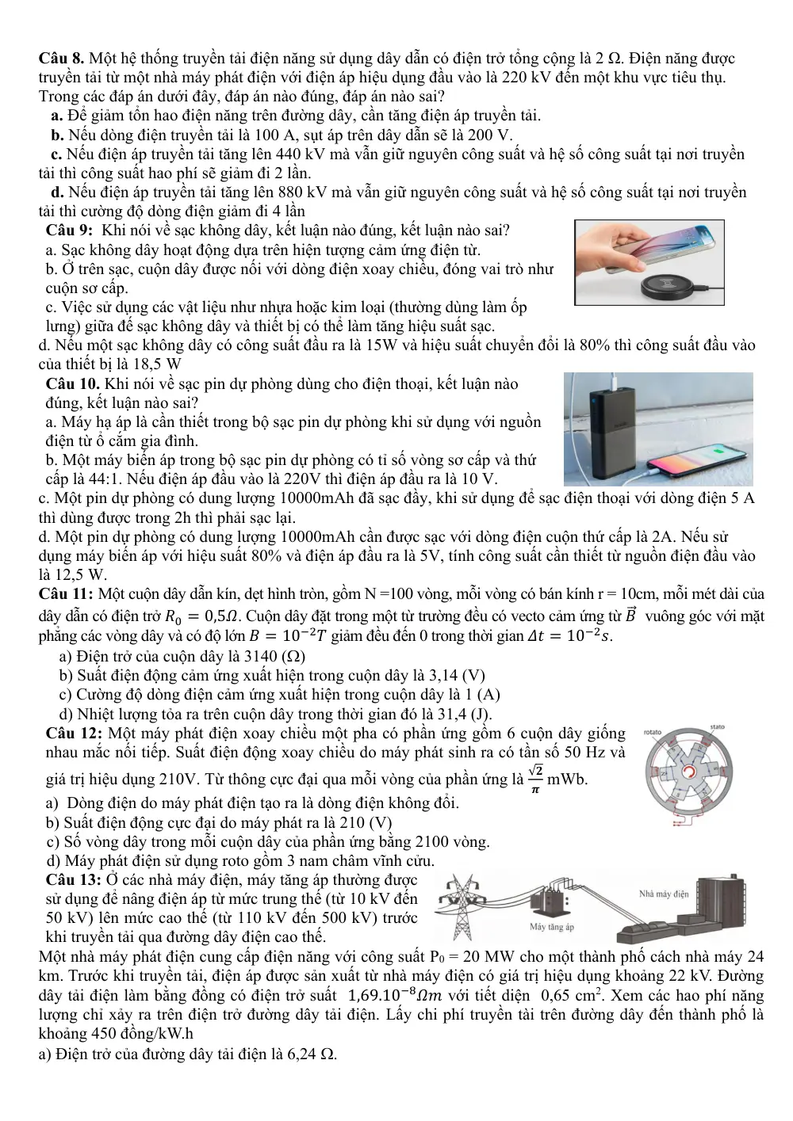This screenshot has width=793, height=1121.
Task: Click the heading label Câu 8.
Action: point(61,59)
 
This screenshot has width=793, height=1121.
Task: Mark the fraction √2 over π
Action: point(535,779)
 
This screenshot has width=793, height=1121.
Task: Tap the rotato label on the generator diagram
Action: point(652,732)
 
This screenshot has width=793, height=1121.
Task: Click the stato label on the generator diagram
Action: point(718,726)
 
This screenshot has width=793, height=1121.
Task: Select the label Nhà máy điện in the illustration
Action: point(664,894)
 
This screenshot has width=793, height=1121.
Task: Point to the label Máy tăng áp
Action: point(552,927)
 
